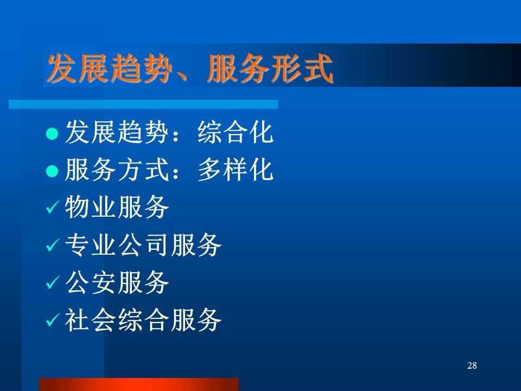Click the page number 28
coord(472,365)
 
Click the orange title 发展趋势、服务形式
coord(190,68)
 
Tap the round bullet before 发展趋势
coord(52,134)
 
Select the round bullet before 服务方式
coord(52,171)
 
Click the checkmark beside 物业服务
coord(53,207)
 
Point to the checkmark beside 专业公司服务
coord(53,245)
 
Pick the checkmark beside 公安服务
coord(53,282)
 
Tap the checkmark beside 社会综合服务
coord(53,320)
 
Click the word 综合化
coord(235,133)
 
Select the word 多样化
coord(235,170)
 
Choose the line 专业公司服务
coord(143,245)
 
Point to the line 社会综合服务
coord(143,320)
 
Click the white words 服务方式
coord(117,170)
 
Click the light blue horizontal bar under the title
coord(143,104)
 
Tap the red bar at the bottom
coord(139,384)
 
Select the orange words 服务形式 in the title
coord(270,68)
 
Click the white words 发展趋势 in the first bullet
coord(117,133)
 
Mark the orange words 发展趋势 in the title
coord(110,68)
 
